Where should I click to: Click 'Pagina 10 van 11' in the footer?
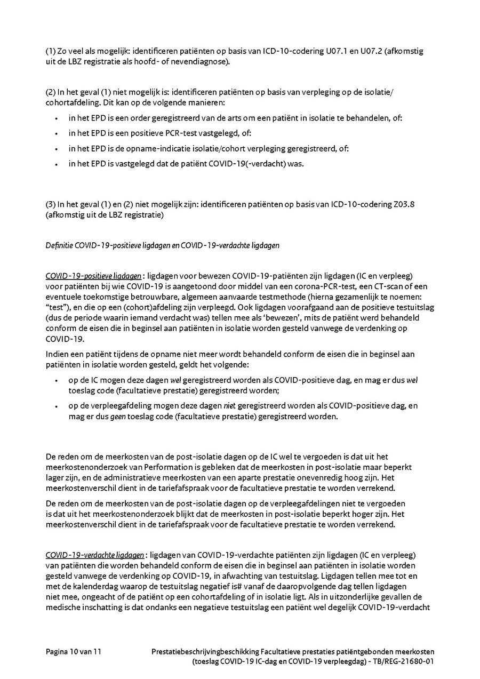74,651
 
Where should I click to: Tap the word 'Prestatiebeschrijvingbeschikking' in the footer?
205,651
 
